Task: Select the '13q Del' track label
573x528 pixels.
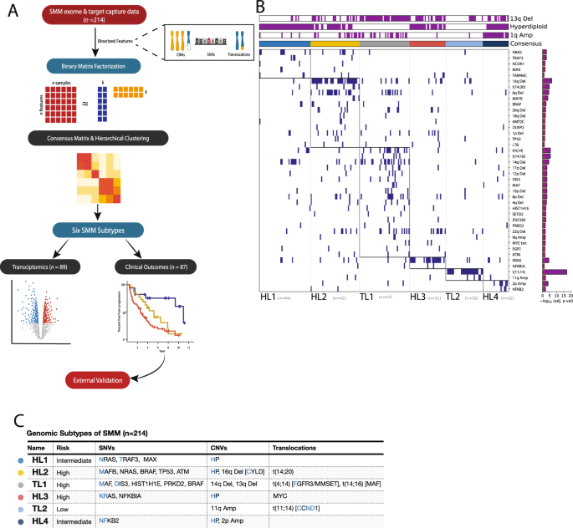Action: [524, 17]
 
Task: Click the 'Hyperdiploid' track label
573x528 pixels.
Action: [527, 26]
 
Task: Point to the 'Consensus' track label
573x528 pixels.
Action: [524, 44]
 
